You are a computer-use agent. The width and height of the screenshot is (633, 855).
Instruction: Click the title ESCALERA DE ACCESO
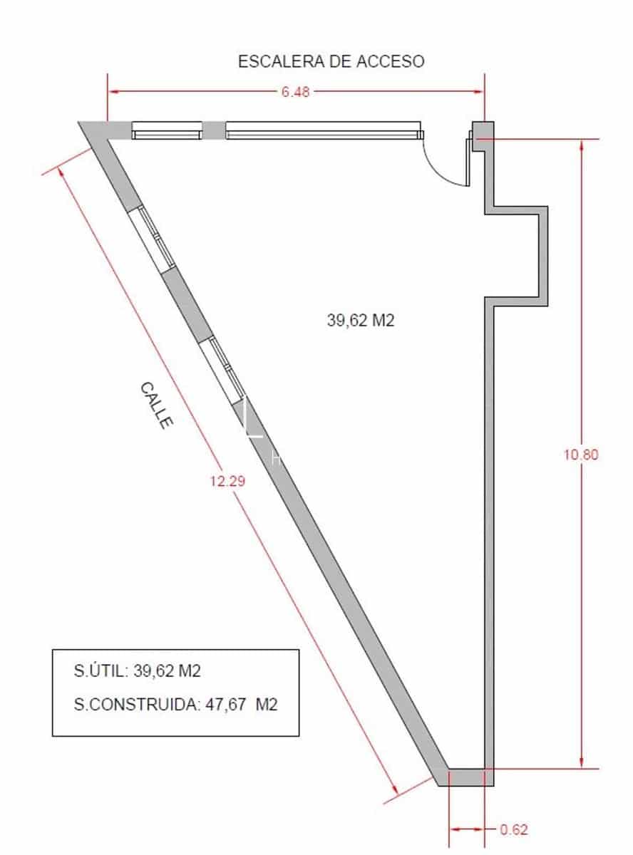point(331,61)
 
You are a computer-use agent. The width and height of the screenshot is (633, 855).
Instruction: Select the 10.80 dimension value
point(581,455)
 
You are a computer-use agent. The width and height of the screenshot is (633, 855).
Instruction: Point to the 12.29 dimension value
point(227,481)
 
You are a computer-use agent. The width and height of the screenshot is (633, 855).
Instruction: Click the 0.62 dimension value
point(514,829)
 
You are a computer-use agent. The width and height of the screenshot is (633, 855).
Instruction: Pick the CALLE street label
point(156,405)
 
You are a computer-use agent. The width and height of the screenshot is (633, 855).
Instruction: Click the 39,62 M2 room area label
point(361,321)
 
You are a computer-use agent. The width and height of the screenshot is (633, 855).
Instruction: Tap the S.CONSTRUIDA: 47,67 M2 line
point(175,705)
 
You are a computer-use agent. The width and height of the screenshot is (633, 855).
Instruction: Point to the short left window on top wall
point(167,130)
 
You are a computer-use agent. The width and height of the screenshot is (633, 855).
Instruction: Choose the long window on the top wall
point(324,130)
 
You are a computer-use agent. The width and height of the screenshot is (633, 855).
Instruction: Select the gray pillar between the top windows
point(213,130)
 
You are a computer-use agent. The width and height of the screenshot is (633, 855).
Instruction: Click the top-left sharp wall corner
point(83,125)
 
